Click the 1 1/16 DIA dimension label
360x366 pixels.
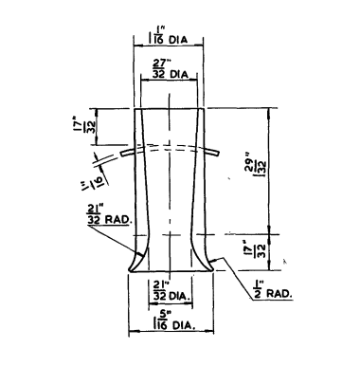(167, 41)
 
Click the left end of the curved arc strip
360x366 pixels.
(120, 156)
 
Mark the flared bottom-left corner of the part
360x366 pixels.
(129, 269)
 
